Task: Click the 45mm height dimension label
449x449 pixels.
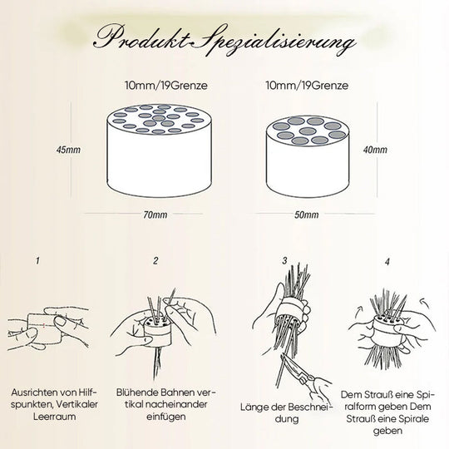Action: pos(68,150)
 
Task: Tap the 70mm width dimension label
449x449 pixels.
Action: pos(155,215)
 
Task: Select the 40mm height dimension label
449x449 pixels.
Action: pos(375,150)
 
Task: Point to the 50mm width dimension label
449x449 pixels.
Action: pos(306,215)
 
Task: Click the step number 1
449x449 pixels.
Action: pos(37,260)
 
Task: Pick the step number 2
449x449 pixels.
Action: pos(155,260)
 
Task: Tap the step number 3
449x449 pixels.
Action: pos(284,260)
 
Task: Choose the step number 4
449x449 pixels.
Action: pos(387,261)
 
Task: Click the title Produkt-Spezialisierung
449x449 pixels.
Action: pos(224,40)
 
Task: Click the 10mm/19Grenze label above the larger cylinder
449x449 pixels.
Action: pos(165,86)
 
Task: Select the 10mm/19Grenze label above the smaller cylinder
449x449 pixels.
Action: pos(307,86)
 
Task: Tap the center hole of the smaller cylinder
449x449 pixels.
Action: pos(308,131)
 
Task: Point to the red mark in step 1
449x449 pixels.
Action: pos(44,325)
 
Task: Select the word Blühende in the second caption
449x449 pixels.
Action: pos(137,392)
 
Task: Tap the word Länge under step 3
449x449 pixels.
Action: pos(252,407)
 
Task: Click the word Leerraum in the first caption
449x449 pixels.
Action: pos(54,416)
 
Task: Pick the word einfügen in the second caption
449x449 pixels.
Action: pos(165,417)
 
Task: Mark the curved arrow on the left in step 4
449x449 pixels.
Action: pos(359,310)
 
